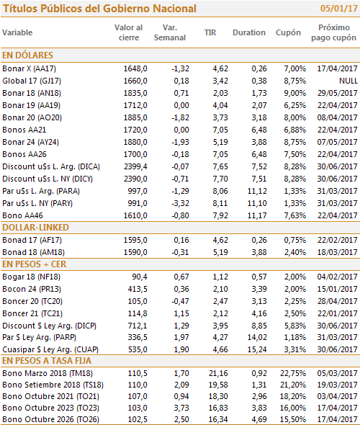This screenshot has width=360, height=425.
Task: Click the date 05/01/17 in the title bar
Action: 339,9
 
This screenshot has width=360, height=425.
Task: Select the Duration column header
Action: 249,32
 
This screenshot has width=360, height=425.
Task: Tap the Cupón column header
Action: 288,33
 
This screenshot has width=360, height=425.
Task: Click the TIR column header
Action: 210,32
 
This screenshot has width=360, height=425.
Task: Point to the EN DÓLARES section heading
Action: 27,55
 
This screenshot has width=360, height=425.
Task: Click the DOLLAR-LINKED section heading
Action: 35,228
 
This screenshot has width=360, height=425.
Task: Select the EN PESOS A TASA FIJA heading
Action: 47,361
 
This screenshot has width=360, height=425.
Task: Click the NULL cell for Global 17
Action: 348,81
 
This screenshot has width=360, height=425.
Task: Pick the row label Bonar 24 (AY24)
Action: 31,142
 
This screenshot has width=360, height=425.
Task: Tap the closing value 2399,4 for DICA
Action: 135,166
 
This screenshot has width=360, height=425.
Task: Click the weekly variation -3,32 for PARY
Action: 181,203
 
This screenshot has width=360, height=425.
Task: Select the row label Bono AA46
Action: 23,215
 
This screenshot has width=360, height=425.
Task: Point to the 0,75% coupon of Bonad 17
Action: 295,240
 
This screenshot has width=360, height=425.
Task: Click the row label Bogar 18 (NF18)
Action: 32,277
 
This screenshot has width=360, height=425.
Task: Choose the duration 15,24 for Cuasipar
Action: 257,349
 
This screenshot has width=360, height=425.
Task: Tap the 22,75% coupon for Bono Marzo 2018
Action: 293,373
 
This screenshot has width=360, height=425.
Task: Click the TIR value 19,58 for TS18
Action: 218,385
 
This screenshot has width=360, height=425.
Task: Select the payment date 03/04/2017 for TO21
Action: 338,396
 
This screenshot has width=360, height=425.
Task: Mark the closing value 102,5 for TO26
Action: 138,419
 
